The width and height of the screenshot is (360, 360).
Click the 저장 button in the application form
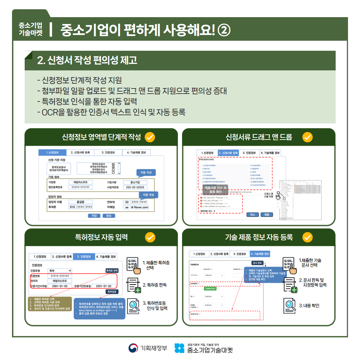[x=94, y=216]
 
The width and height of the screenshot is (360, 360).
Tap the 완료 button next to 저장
[x=109, y=216]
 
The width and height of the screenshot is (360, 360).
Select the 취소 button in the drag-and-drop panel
[x=253, y=215]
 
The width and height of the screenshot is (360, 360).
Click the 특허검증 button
[x=112, y=291]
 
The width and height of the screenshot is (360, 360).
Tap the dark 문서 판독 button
[x=257, y=263]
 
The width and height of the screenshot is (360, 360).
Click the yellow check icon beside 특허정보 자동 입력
[x=150, y=237]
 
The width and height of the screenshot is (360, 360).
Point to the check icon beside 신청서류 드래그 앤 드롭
[x=308, y=137]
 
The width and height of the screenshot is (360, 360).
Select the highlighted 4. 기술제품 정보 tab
[x=260, y=254]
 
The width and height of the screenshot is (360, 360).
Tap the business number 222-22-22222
[x=135, y=187]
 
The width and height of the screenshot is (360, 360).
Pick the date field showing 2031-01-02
[x=104, y=286]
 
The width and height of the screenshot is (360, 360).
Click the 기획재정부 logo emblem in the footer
[x=133, y=348]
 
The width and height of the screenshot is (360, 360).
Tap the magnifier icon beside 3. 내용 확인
[x=289, y=305]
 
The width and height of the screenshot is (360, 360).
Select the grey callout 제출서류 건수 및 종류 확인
[x=216, y=190]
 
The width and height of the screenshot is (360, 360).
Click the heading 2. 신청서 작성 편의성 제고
[x=87, y=60]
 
